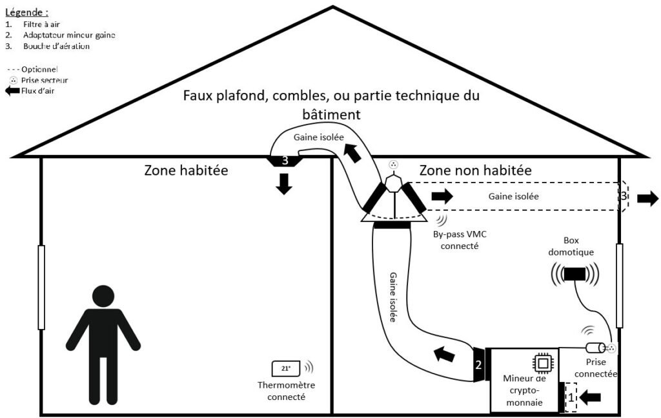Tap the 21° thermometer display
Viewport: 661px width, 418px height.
click(x=286, y=368)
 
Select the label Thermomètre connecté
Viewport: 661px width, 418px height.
click(x=281, y=392)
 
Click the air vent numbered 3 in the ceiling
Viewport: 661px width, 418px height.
click(x=284, y=160)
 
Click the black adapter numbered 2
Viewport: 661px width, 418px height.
click(x=479, y=365)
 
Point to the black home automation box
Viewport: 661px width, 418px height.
click(x=575, y=274)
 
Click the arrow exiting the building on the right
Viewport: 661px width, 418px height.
click(x=647, y=198)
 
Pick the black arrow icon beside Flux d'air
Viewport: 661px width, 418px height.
click(x=12, y=91)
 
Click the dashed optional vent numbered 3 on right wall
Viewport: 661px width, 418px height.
click(x=624, y=195)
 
